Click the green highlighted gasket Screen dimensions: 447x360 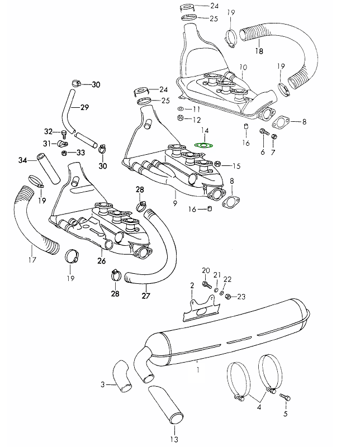(x=203, y=144)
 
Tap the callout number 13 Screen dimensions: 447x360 (x=174, y=439)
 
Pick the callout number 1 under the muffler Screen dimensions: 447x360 (x=197, y=369)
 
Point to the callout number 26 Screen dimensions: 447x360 (x=101, y=260)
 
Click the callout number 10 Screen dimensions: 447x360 (x=243, y=68)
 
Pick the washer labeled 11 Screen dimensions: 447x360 (x=181, y=108)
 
